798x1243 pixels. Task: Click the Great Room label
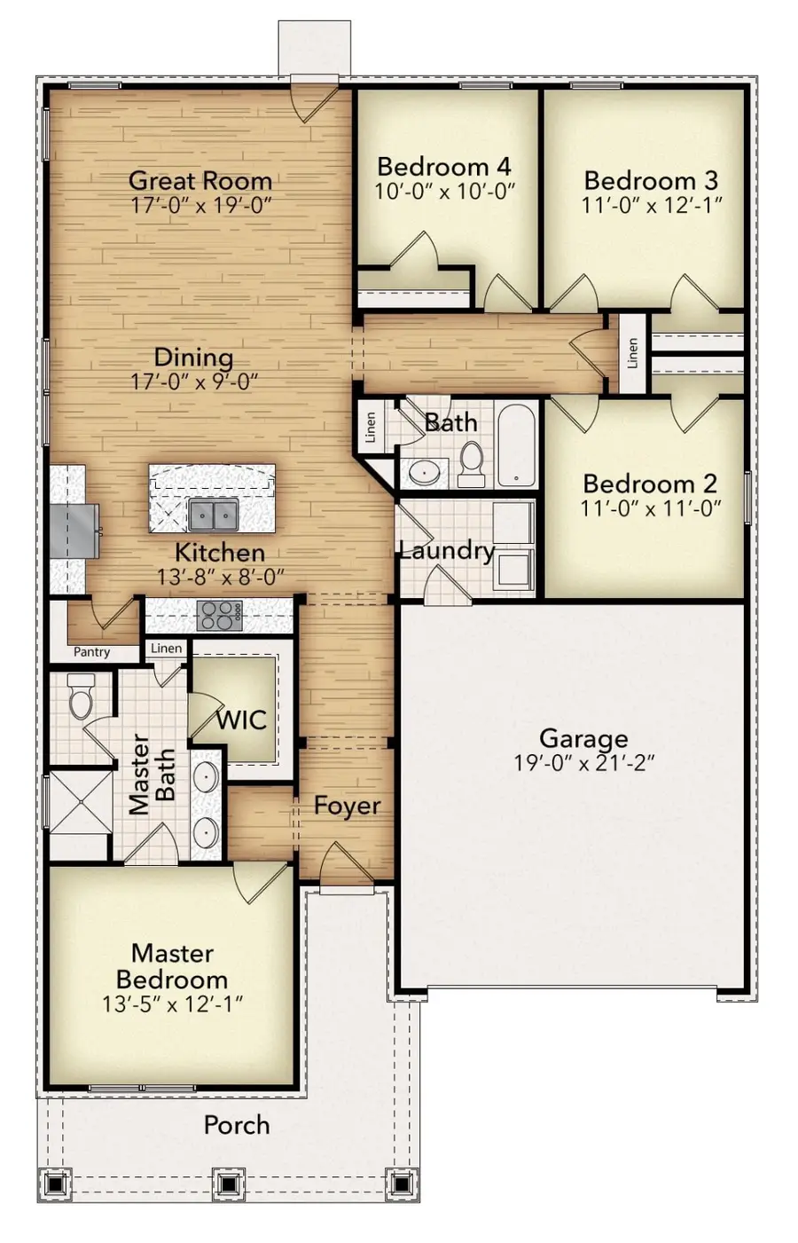(x=200, y=180)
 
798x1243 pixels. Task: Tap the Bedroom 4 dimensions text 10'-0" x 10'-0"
(x=445, y=191)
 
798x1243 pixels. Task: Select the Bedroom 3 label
(x=651, y=180)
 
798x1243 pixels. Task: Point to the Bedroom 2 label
(x=650, y=484)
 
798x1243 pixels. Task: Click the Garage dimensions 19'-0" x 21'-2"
(x=583, y=762)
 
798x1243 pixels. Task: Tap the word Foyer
(x=347, y=806)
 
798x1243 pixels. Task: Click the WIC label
(x=241, y=720)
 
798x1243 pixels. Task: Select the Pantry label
(x=92, y=652)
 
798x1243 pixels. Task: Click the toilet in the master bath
(x=81, y=695)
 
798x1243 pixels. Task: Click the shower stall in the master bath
(x=80, y=803)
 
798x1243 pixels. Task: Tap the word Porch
(x=236, y=1125)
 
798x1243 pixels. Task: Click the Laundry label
(x=446, y=551)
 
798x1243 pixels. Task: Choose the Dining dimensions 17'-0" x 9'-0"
(x=194, y=382)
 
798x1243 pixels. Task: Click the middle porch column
(x=229, y=1183)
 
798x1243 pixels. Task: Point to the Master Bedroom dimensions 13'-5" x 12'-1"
(x=173, y=1003)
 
